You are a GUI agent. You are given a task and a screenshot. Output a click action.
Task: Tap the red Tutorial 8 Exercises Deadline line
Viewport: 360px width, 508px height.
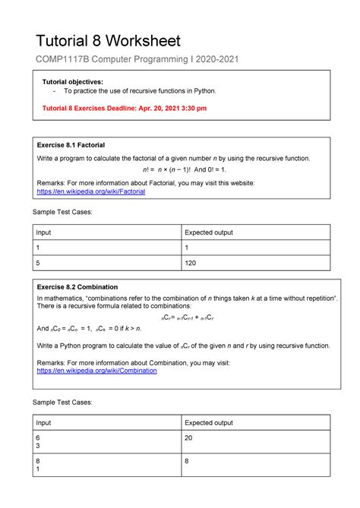(123, 108)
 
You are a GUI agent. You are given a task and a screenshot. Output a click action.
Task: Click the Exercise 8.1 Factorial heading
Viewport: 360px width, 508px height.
(71, 144)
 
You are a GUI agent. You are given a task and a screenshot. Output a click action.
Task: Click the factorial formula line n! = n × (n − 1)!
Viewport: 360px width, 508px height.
(179, 171)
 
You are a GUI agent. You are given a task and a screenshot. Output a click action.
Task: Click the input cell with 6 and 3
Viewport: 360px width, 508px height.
(38, 443)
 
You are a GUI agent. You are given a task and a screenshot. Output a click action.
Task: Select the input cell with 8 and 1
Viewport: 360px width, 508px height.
(38, 465)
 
